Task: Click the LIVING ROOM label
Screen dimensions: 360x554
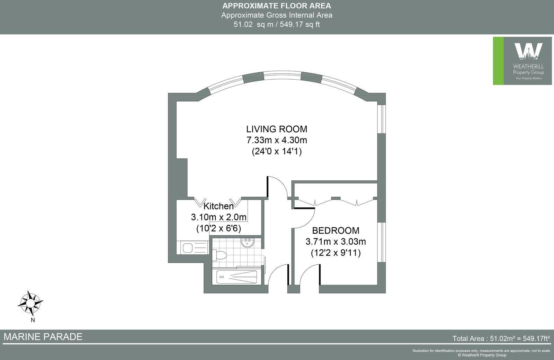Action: coord(277,129)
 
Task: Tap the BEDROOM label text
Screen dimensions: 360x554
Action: coord(336,231)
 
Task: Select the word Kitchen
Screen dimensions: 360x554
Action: coord(218,206)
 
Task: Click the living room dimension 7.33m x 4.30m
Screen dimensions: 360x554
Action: coord(277,140)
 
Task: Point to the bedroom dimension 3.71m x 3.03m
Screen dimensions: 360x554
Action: coord(336,241)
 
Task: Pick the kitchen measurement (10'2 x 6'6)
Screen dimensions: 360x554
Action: coord(218,228)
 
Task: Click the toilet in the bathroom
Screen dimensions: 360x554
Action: coord(219,255)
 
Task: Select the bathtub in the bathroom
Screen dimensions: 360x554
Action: coord(237,277)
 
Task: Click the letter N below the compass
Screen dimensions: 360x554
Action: coord(33,320)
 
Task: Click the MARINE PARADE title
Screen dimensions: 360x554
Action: coord(43,337)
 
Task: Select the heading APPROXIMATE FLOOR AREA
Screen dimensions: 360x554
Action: coord(277,6)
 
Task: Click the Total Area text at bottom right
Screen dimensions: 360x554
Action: coord(501,338)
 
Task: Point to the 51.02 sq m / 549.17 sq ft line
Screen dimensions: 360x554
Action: coord(277,25)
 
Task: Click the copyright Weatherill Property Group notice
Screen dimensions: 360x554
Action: coord(482,355)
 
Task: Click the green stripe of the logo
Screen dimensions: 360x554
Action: coord(498,61)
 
